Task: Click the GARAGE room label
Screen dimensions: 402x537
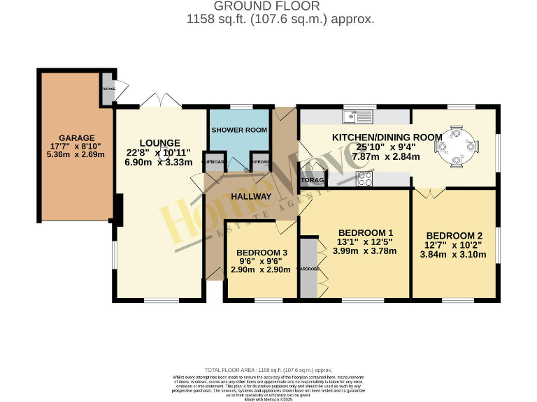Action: [76, 137]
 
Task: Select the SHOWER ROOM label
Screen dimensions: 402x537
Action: [239, 130]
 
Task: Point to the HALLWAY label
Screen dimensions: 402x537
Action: [251, 197]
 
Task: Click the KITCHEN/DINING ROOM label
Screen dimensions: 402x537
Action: [386, 137]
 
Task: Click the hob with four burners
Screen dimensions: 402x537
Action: [364, 179]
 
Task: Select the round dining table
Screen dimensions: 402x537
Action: [457, 147]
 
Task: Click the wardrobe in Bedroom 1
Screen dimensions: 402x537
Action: [308, 269]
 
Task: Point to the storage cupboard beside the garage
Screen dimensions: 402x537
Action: [108, 89]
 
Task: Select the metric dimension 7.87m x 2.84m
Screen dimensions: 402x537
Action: [386, 156]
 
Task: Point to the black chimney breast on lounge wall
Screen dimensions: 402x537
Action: [119, 210]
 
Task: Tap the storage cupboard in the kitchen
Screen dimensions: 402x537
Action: [313, 181]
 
